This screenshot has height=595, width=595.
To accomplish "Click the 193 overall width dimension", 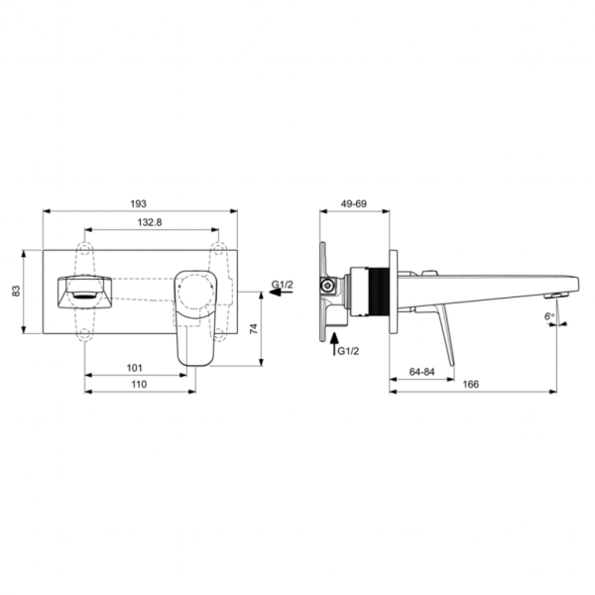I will click(x=139, y=203).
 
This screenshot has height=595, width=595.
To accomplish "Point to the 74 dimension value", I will click(x=255, y=327).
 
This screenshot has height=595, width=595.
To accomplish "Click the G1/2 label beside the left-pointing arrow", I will click(x=283, y=285).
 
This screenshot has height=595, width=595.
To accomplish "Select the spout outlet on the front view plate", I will click(x=81, y=292).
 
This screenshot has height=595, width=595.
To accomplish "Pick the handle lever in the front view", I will click(x=194, y=312).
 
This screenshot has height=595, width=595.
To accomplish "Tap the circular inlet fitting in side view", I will click(x=326, y=289).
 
